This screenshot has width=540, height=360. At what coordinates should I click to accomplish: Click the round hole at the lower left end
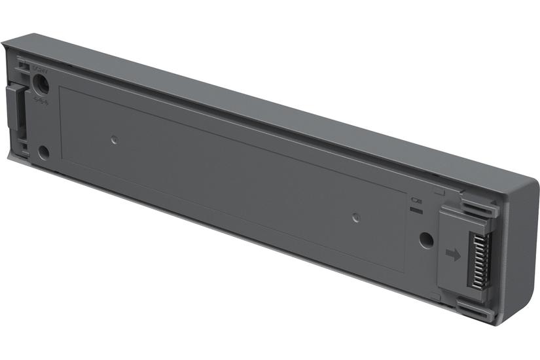coord(44,153)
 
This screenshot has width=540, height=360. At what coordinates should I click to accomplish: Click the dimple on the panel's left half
coord(114,139)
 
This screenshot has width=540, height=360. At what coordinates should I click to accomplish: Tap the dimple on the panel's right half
coord(354,216)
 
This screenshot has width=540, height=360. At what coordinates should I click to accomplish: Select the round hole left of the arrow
coord(425,240)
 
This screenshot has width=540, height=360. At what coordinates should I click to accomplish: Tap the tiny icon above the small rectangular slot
coord(415,200)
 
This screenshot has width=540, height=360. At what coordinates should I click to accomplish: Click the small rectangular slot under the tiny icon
coord(415,209)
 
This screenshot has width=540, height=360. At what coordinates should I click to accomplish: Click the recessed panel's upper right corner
coord(405,190)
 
